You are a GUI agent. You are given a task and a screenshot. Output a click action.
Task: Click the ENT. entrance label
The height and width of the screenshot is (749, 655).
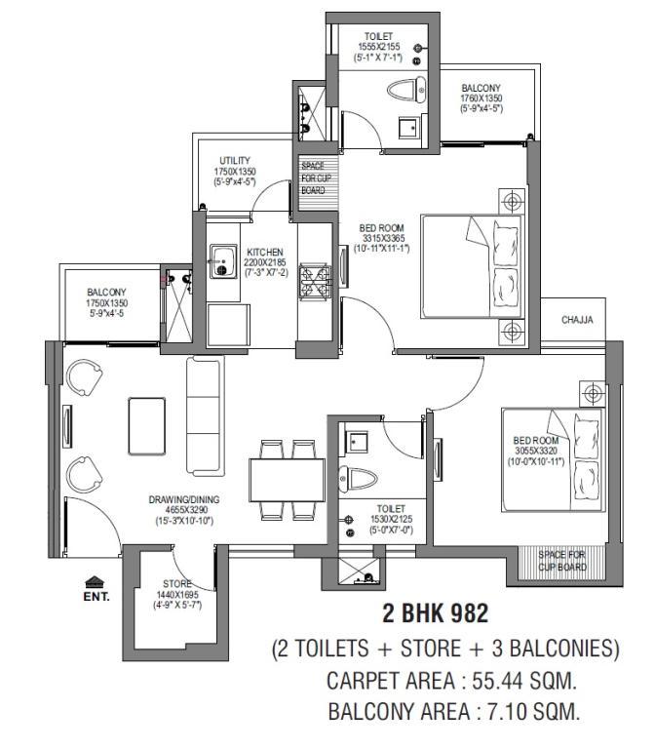pyautogui.click(x=96, y=597)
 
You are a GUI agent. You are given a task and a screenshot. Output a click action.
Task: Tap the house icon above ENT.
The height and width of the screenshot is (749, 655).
pyautogui.click(x=95, y=582)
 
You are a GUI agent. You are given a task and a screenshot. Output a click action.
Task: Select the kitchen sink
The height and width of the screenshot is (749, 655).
pyautogui.click(x=223, y=261)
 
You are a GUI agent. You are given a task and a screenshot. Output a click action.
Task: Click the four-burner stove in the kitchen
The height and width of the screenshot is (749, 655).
pyautogui.click(x=314, y=283)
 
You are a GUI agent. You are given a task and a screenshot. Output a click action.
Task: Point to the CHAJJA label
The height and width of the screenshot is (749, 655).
pyautogui.click(x=577, y=320)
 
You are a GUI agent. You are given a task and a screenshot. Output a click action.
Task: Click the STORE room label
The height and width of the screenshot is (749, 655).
pyautogui.click(x=177, y=584)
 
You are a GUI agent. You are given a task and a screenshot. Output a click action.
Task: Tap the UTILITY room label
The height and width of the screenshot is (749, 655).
pyautogui.click(x=234, y=161)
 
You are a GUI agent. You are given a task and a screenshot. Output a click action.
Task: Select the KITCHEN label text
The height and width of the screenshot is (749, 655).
pyautogui.click(x=265, y=253)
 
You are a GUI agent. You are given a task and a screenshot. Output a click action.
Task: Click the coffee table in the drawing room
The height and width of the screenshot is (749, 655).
pyautogui.click(x=147, y=426)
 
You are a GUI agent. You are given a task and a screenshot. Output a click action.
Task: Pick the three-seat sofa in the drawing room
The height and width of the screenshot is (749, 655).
pyautogui.click(x=205, y=415)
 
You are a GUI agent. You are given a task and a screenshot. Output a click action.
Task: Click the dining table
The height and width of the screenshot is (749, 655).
pyautogui.click(x=287, y=480)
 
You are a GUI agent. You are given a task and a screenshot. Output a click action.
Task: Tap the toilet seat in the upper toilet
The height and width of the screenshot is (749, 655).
pyautogui.click(x=405, y=90)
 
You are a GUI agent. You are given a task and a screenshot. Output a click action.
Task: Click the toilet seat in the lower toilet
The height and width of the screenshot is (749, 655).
pyautogui.click(x=358, y=479)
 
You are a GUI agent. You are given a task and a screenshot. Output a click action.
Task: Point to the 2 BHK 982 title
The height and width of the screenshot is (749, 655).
pyautogui.click(x=436, y=613)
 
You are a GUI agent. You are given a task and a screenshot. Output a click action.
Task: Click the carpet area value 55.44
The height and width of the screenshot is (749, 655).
pyautogui.click(x=498, y=681)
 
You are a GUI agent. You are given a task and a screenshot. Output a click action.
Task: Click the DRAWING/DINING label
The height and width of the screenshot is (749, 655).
pyautogui.click(x=184, y=500)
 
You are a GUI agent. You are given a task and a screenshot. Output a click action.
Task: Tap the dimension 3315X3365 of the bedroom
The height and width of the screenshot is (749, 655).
pyautogui.click(x=383, y=238)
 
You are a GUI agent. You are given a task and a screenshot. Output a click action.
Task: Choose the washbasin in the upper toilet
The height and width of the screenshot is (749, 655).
pyautogui.click(x=407, y=127)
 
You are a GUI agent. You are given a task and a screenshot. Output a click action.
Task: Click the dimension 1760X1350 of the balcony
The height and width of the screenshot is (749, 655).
pyautogui.click(x=482, y=99)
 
